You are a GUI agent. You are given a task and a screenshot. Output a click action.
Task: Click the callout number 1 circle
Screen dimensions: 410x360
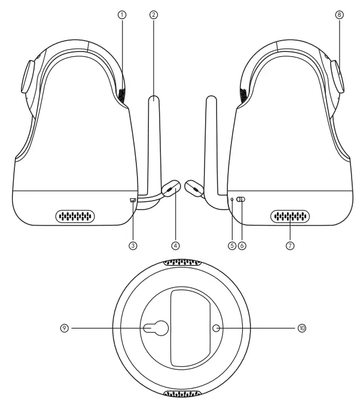(122, 16)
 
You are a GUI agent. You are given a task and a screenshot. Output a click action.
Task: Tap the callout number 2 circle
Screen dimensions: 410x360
(154, 16)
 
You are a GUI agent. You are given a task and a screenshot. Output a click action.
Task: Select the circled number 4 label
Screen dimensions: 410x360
(175, 245)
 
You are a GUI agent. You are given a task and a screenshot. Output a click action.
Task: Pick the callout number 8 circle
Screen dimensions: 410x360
(340, 16)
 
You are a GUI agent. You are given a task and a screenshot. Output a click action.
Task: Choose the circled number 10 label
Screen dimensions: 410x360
(301, 327)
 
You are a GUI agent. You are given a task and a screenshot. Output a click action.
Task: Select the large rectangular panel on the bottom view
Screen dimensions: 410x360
(188, 327)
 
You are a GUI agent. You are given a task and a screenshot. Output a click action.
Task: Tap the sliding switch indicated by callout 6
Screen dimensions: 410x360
(240, 201)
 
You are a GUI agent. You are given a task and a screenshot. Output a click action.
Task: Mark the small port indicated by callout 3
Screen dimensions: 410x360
(133, 201)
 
